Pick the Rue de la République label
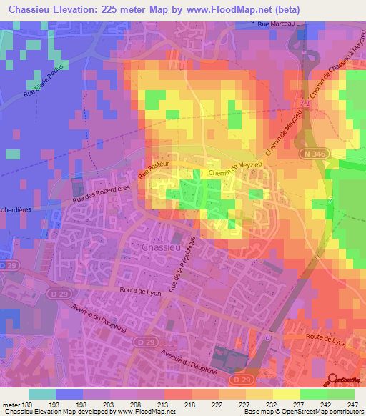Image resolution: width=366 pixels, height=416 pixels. (182, 264)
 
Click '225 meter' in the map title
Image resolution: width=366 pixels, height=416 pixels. (134, 9)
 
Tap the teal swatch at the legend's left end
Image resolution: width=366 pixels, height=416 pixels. (42, 393)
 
